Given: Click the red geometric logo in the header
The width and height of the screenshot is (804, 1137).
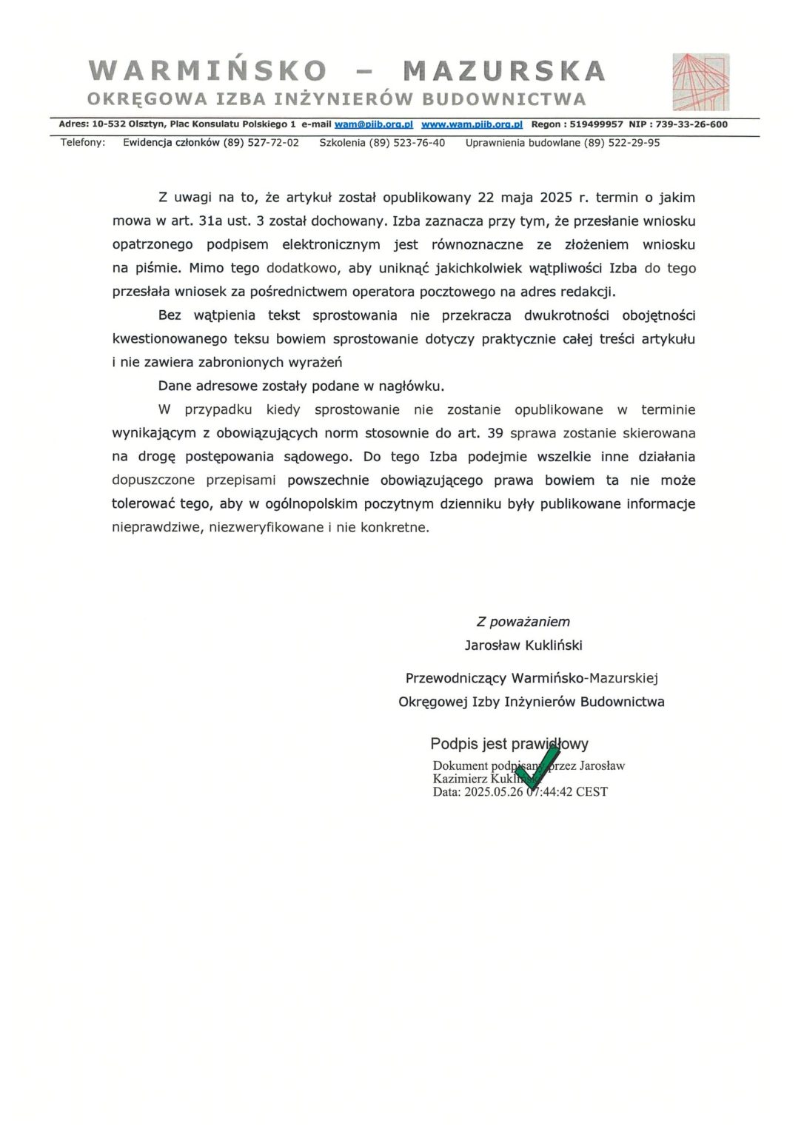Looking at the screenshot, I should pyautogui.click(x=700, y=81).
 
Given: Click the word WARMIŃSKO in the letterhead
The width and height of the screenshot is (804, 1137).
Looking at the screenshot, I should pyautogui.click(x=208, y=71).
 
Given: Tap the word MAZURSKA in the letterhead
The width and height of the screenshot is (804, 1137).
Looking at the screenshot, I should pyautogui.click(x=504, y=71).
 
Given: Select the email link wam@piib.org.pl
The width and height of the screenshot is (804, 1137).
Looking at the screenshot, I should pyautogui.click(x=373, y=124).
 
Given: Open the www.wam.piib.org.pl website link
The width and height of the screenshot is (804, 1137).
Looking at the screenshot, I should pyautogui.click(x=472, y=124).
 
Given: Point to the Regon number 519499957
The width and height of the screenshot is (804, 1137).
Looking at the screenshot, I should pyautogui.click(x=597, y=124).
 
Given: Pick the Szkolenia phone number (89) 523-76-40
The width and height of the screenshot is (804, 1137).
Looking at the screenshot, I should pyautogui.click(x=407, y=143).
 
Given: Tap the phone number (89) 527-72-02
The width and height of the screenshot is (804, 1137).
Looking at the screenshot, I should pyautogui.click(x=261, y=143).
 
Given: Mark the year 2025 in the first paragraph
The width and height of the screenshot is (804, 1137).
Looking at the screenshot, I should pyautogui.click(x=556, y=198).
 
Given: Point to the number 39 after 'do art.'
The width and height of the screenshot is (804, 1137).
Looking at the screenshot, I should pyautogui.click(x=495, y=433).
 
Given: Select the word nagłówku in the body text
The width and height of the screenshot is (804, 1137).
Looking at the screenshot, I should pyautogui.click(x=411, y=386).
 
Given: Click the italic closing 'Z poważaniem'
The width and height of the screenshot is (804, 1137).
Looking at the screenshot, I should pyautogui.click(x=523, y=622).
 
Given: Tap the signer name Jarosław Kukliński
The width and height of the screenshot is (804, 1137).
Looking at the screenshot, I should pyautogui.click(x=523, y=645).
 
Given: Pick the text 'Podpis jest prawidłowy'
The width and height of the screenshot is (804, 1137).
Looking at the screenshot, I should pyautogui.click(x=509, y=744).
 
